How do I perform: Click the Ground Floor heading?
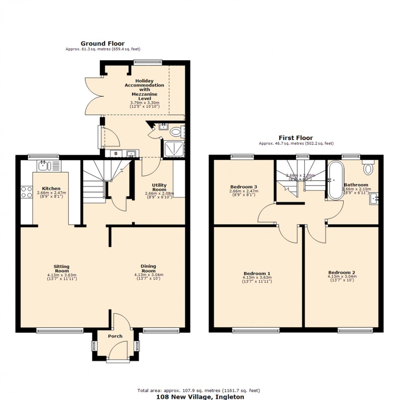point(102,43)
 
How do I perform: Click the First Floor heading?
point(296,138)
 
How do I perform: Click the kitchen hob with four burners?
point(27,192)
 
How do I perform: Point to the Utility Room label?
point(159,187)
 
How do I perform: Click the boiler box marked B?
point(116,154)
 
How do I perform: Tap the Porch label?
point(115,336)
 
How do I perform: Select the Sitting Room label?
point(62,269)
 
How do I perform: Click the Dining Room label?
point(149,268)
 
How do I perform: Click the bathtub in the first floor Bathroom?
point(336,180)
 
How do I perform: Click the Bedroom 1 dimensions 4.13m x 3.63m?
point(257,278)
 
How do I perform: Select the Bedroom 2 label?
point(342,272)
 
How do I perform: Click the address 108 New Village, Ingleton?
point(200,396)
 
